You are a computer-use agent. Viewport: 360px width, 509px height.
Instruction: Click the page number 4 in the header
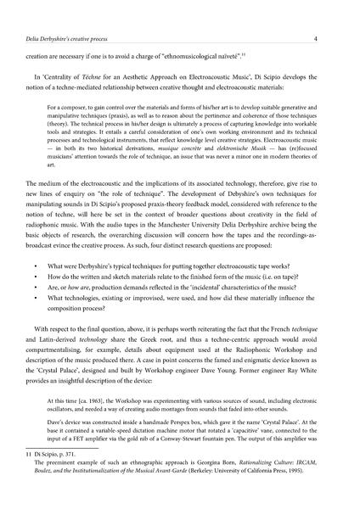click(x=338, y=14)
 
